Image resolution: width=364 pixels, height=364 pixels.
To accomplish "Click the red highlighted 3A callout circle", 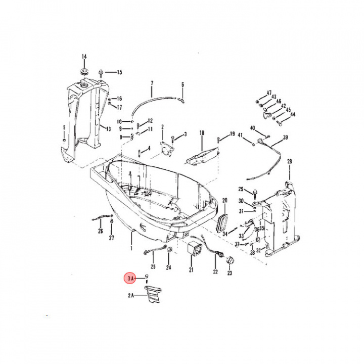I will click(130, 278).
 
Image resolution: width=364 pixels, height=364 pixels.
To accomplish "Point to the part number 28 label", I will click(290, 161).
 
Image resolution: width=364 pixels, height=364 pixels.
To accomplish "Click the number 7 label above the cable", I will click(151, 82).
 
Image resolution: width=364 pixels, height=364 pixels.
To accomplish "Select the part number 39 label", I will click(285, 138).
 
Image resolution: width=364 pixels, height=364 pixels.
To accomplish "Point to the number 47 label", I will click(269, 93).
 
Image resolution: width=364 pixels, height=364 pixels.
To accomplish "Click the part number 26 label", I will click(100, 231).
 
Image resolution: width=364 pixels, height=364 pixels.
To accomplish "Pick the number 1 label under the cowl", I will click(131, 249).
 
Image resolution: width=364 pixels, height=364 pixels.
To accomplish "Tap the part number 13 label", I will click(108, 128).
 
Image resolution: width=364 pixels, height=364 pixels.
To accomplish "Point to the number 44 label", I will click(293, 115).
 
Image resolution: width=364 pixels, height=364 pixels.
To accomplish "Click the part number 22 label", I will click(215, 272).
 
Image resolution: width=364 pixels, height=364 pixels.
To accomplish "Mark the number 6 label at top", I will click(183, 84).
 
